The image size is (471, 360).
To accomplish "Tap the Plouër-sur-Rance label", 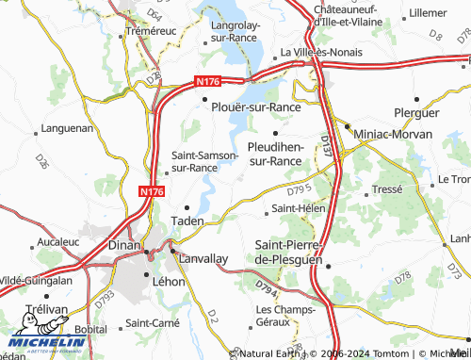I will (x=256, y=106).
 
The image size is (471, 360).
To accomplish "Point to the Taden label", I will (x=187, y=221).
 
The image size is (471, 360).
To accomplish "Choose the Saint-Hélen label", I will (x=298, y=207).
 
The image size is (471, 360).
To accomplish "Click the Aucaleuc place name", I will (x=57, y=242).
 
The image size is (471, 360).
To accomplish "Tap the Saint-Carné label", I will (x=153, y=323).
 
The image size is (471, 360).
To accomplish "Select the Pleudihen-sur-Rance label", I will (x=275, y=154).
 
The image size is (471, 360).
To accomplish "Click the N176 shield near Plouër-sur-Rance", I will (x=211, y=82).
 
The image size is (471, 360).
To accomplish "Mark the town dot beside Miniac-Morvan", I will (x=347, y=127).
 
